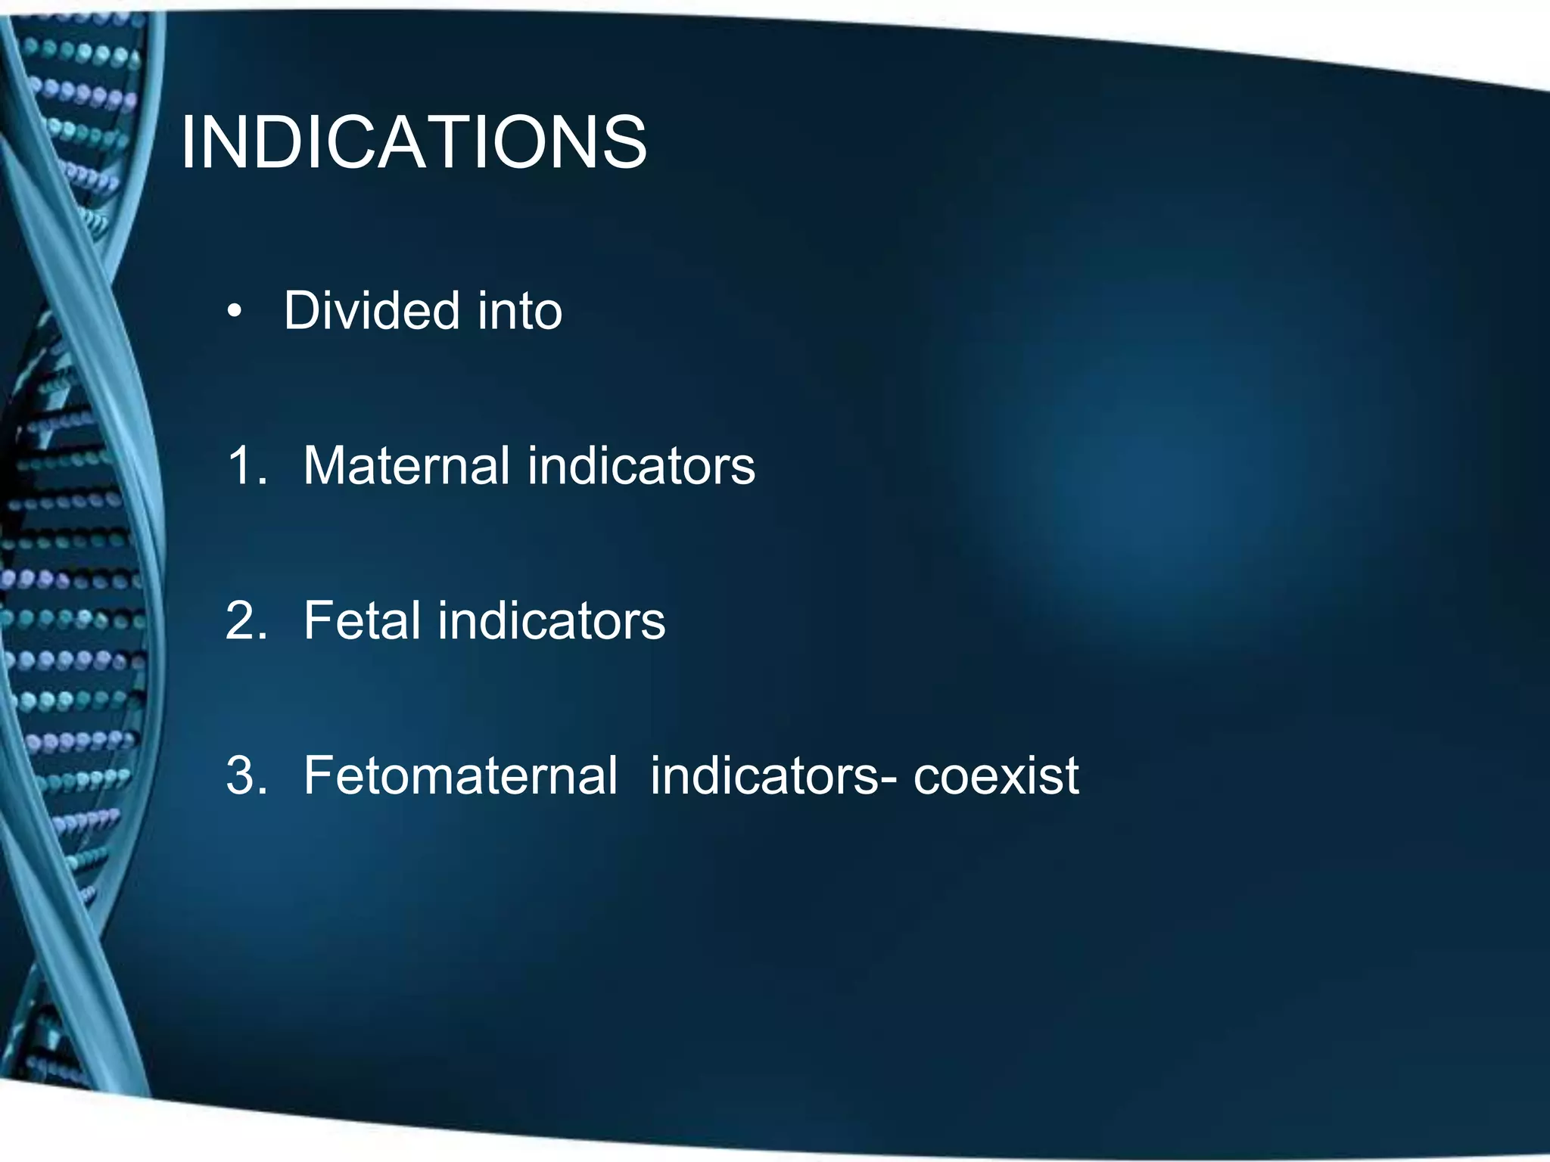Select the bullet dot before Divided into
pyautogui.click(x=235, y=312)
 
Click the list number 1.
pyautogui.click(x=244, y=465)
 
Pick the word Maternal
pyautogui.click(x=406, y=465)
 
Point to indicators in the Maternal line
pyautogui.click(x=641, y=465)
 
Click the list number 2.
pyautogui.click(x=245, y=620)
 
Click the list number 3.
pyautogui.click(x=245, y=775)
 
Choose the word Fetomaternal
pyautogui.click(x=460, y=775)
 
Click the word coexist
pyautogui.click(x=995, y=775)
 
